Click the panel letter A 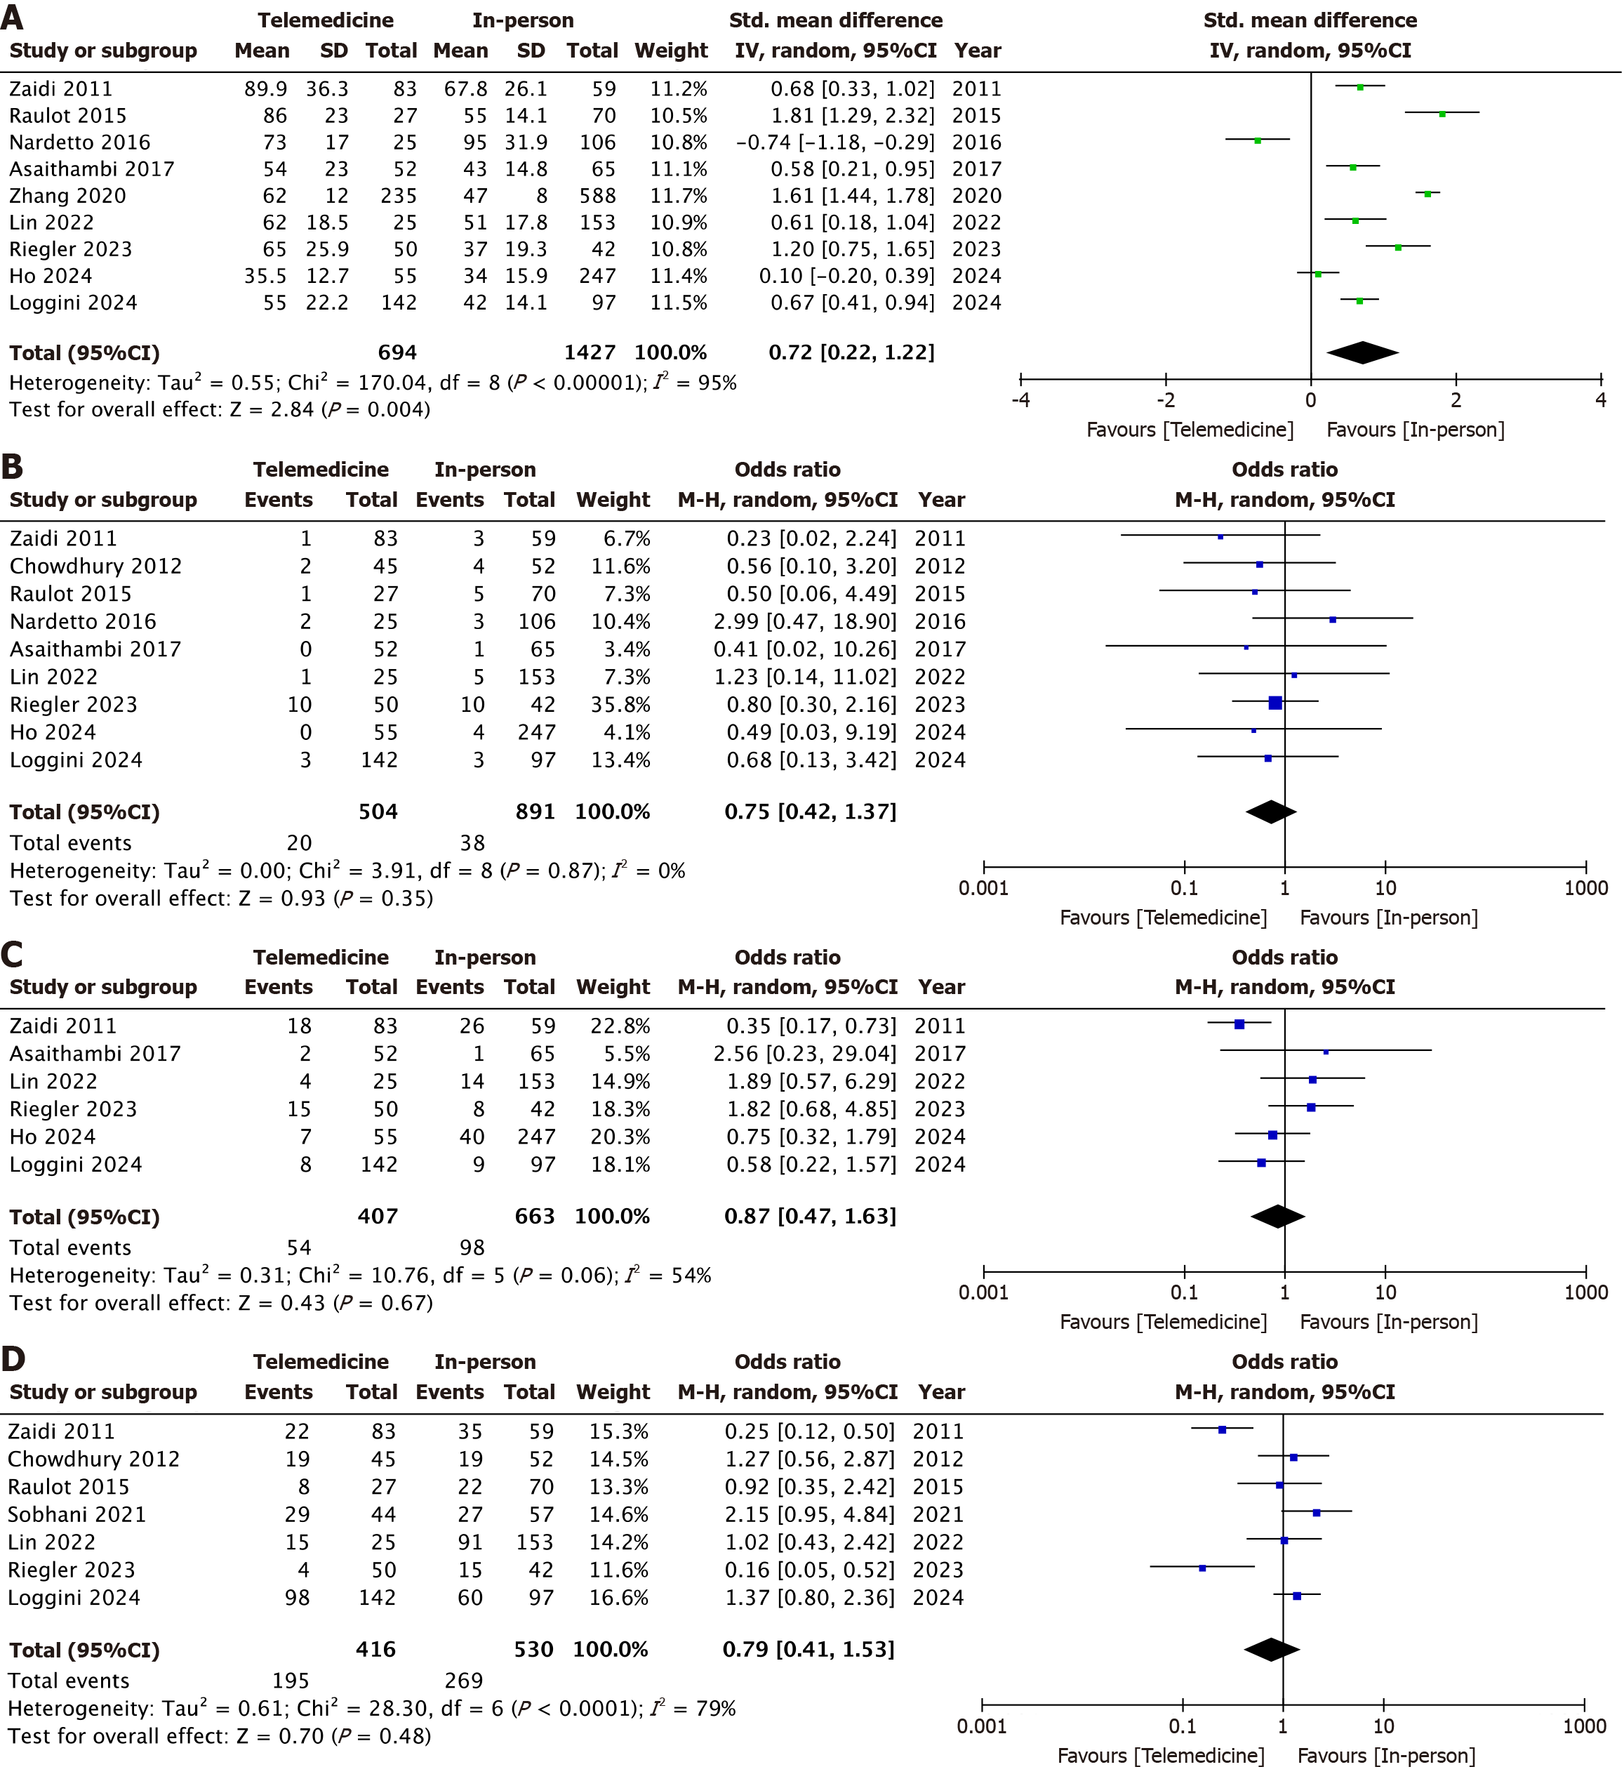pos(13,18)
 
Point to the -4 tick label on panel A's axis pos(1020,400)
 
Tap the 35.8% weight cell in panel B pos(621,705)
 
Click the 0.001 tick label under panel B pos(983,888)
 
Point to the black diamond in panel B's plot pos(1271,812)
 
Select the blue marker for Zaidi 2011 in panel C pos(1239,1024)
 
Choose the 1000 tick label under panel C pos(1585,1292)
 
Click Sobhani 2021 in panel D pos(76,1514)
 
